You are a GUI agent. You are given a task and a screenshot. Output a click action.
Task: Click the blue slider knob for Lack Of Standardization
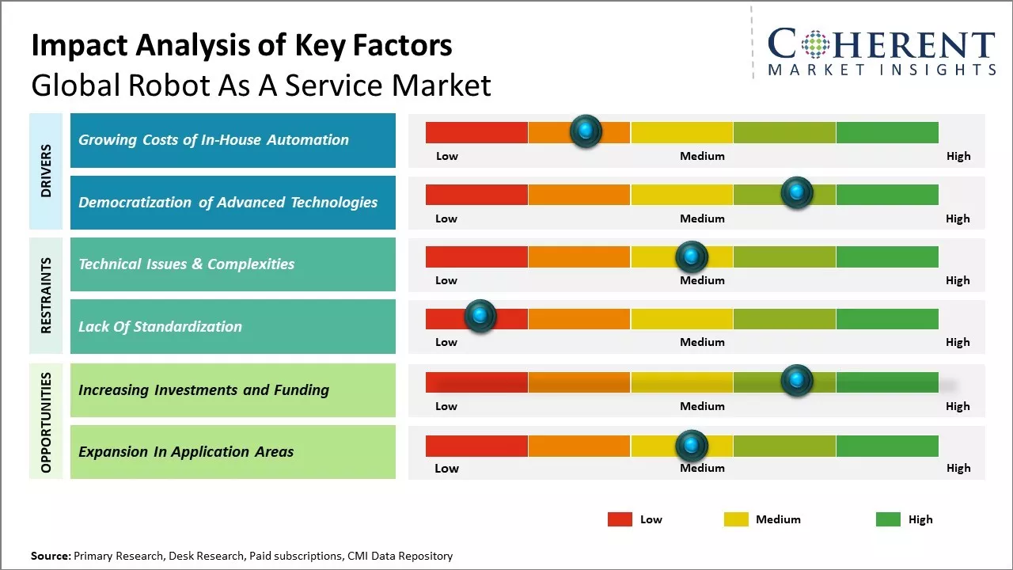click(x=480, y=316)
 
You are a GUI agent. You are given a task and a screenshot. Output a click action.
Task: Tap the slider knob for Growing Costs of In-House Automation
click(x=586, y=131)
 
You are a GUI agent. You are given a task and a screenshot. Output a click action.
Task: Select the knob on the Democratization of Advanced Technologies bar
click(x=796, y=192)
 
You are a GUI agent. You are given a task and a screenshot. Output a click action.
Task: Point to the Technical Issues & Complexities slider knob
click(x=691, y=256)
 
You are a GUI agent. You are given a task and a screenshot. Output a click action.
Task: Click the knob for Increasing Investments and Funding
click(x=796, y=381)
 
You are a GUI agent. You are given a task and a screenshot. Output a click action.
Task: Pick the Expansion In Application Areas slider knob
click(x=691, y=446)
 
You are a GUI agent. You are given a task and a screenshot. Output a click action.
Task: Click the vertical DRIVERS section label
click(x=46, y=171)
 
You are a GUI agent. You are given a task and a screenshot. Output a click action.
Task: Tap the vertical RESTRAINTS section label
click(x=46, y=295)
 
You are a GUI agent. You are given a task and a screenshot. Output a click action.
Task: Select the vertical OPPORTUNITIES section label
click(x=46, y=422)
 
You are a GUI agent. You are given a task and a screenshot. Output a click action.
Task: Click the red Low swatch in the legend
click(x=620, y=519)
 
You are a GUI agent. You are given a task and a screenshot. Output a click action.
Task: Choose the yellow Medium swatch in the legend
click(x=736, y=519)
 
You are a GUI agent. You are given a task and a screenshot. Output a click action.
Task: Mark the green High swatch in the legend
click(x=888, y=519)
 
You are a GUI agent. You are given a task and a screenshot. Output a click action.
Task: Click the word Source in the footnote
click(x=51, y=556)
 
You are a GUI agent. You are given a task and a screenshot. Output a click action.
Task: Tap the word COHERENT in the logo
click(x=881, y=45)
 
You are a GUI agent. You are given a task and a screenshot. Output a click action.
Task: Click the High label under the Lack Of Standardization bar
click(x=958, y=342)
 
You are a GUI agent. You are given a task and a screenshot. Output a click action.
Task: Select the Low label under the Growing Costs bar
click(x=447, y=156)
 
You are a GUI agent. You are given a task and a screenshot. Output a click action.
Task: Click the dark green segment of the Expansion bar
click(x=886, y=446)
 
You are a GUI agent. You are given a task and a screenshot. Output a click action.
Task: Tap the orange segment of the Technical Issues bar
click(x=579, y=256)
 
